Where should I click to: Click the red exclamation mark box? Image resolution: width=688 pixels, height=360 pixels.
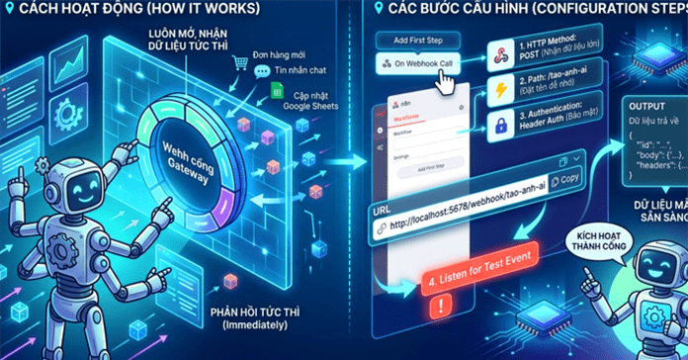(x=435, y=309)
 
